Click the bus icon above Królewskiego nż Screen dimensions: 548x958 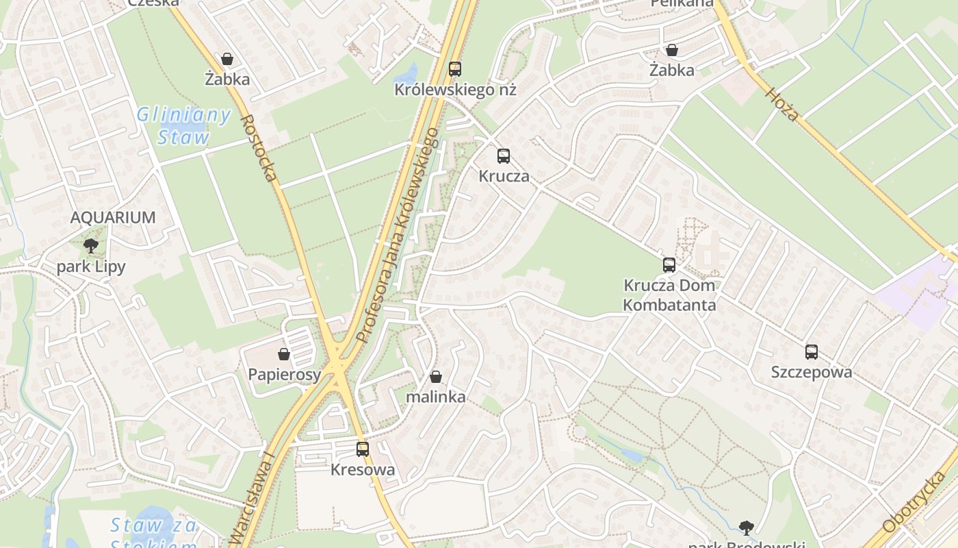pos(455,68)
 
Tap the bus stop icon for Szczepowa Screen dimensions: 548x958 pos(812,352)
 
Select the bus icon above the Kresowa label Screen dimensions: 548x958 pos(363,449)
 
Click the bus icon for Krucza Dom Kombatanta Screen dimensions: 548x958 pos(669,265)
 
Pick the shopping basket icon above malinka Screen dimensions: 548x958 pos(436,377)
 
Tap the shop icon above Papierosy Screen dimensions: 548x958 pos(284,354)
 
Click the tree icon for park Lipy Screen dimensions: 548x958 pos(90,247)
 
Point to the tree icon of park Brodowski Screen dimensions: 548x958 pos(747,527)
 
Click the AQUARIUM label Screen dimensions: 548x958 pos(113,218)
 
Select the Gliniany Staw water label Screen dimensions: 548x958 pos(183,126)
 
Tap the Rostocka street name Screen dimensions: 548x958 pos(259,148)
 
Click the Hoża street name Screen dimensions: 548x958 pos(782,104)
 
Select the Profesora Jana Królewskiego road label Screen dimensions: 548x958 pos(397,235)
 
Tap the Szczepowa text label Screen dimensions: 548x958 pos(812,372)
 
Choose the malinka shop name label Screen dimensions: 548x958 pos(436,397)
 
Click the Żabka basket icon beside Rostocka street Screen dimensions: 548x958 pos(227,60)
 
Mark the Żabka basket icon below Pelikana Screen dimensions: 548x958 pos(672,50)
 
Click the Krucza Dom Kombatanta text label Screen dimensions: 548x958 pos(669,295)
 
